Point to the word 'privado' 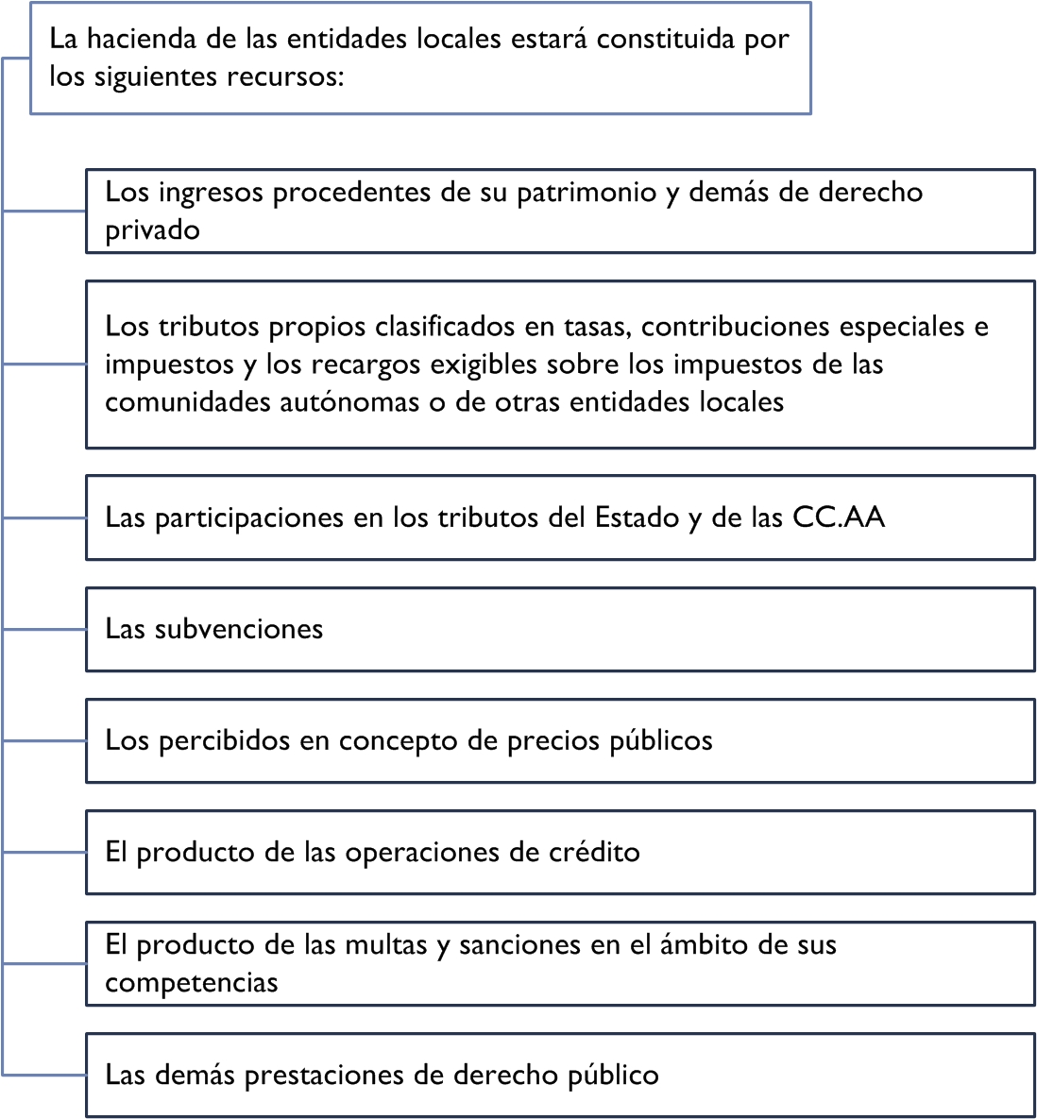(152, 230)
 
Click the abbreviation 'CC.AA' (839, 517)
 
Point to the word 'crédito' (594, 853)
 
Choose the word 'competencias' (191, 983)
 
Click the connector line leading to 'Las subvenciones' (44, 630)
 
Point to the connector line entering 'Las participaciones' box (44, 518)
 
